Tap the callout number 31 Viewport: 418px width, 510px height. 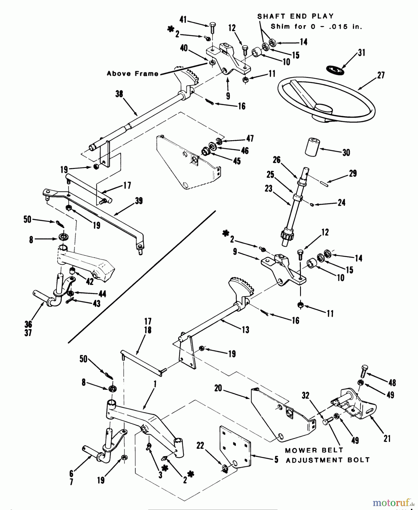[x=361, y=53]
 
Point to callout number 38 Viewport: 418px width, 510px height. [x=119, y=94]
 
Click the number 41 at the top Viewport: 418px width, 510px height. [x=183, y=20]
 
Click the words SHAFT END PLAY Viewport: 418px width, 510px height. [x=295, y=16]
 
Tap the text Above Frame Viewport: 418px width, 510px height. [x=133, y=74]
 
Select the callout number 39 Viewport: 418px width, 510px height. [x=139, y=201]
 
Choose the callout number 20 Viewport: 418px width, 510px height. [x=218, y=388]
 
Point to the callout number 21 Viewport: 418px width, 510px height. [x=387, y=439]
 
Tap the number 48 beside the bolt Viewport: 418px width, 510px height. [x=392, y=383]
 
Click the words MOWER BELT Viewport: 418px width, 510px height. [x=314, y=450]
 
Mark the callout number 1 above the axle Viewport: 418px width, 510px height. [x=155, y=384]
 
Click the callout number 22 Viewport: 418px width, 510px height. [x=200, y=446]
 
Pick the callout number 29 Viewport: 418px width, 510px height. [x=353, y=173]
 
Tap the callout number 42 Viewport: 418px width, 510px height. [x=90, y=281]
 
